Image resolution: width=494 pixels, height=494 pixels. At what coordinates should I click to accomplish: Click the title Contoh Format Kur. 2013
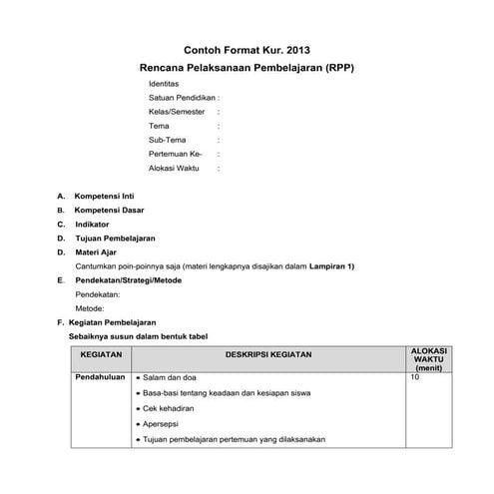pos(247,49)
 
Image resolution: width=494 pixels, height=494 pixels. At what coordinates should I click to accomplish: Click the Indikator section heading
pos(92,225)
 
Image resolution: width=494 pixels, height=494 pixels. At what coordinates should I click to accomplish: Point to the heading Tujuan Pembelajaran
pos(115,239)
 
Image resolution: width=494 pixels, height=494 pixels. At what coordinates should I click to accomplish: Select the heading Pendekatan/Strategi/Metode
pos(131,281)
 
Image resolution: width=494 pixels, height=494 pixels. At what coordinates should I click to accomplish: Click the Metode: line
pos(90,309)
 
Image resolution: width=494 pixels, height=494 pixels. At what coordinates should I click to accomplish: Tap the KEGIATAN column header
pos(100,354)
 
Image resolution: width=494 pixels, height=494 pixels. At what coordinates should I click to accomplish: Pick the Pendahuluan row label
pos(98,378)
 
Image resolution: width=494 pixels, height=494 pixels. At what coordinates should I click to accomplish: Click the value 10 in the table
pos(415,378)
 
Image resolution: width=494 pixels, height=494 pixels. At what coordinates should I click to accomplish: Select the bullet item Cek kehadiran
pos(168,409)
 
